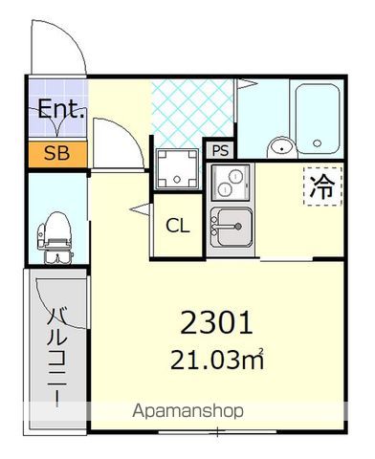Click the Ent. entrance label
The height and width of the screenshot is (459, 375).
click(61, 109)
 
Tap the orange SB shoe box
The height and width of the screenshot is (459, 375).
click(57, 154)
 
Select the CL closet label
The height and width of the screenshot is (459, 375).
click(178, 226)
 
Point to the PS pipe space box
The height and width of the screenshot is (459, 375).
click(220, 150)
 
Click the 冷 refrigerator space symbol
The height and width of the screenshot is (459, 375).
click(323, 186)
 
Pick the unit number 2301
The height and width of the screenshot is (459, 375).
click(216, 323)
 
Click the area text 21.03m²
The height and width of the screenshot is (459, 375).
click(217, 360)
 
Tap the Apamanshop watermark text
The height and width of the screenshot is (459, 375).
click(187, 411)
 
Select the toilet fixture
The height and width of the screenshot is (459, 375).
click(55, 237)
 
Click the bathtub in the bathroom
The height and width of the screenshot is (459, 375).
click(317, 120)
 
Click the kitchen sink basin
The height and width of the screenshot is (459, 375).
click(232, 227)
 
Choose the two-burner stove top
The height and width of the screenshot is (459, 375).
click(231, 183)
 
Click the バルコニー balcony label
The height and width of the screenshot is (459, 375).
click(57, 357)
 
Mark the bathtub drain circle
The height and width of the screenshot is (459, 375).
click(317, 143)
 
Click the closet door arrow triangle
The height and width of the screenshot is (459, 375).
click(141, 209)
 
